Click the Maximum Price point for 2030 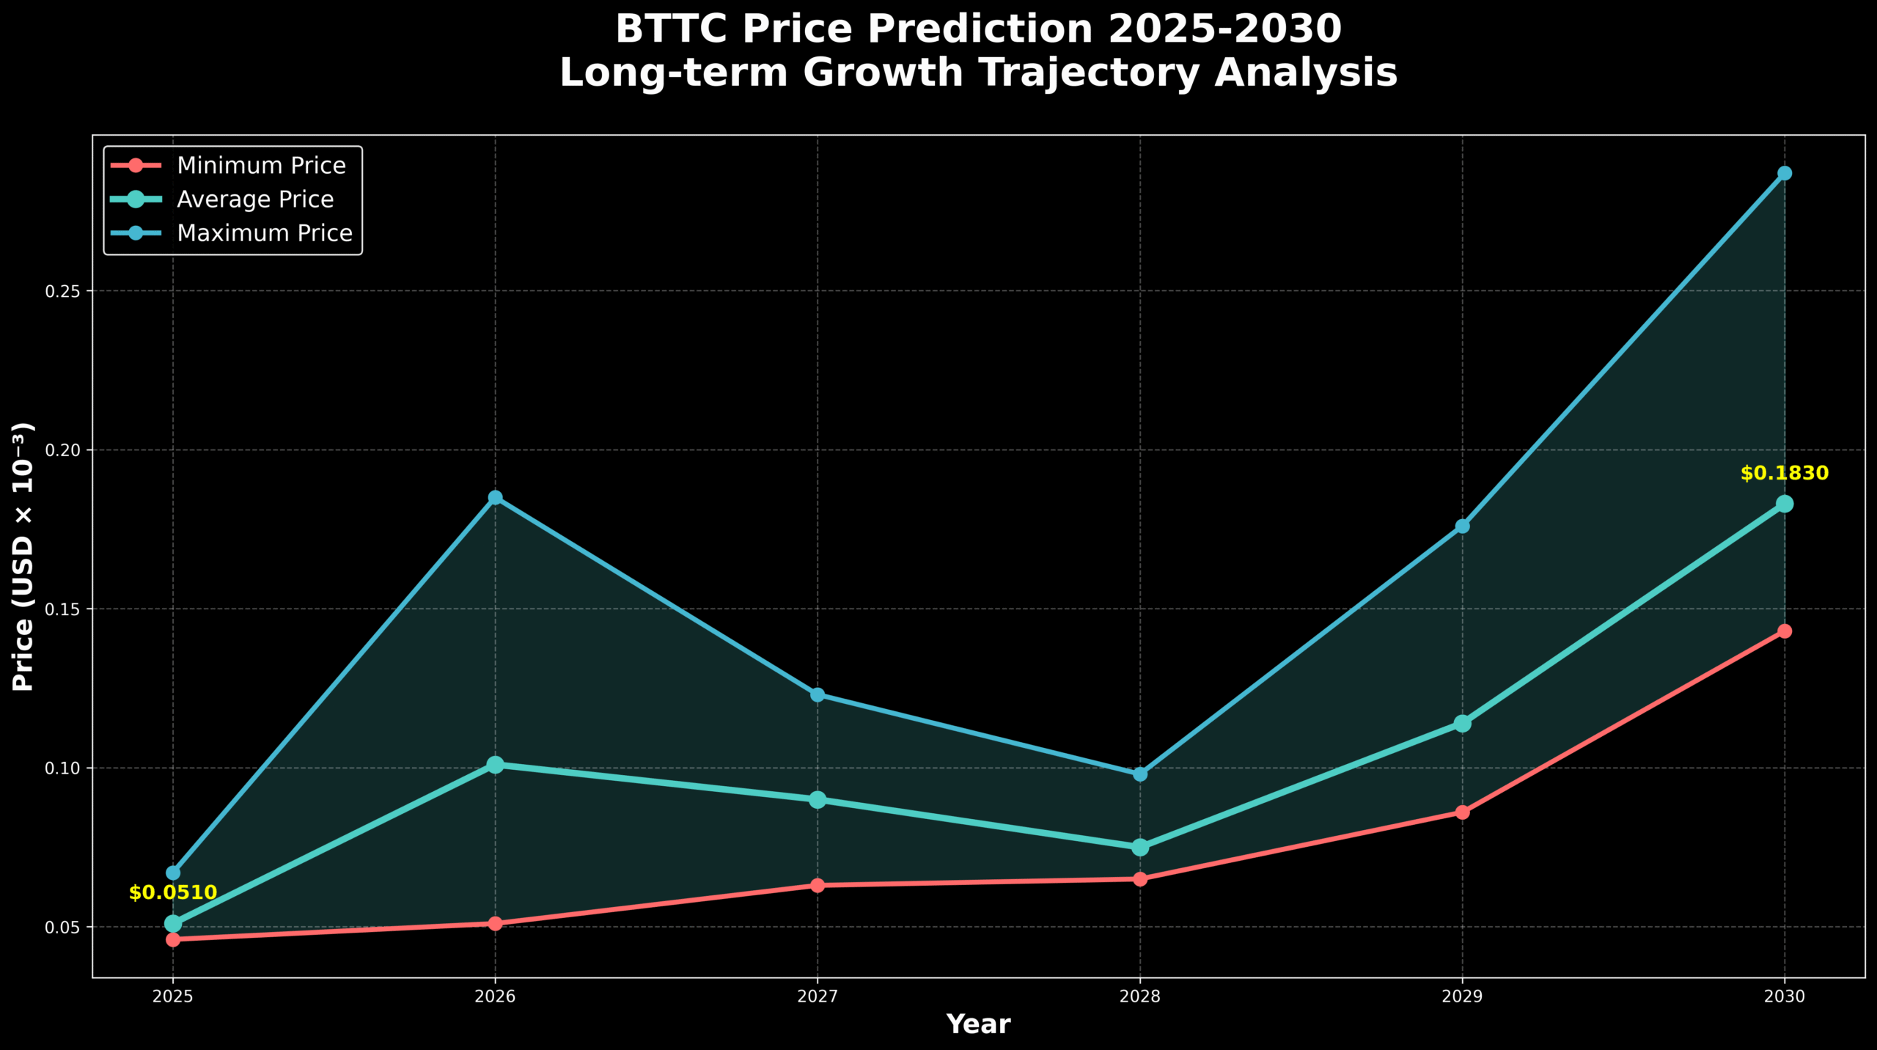pos(1785,173)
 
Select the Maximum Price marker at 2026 pos(496,498)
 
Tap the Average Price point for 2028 pos(1140,848)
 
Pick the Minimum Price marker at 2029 pos(1463,812)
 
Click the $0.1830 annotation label pos(1785,474)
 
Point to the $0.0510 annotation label pos(173,893)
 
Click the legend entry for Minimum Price pos(261,166)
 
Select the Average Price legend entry pos(255,199)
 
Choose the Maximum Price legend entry pos(265,233)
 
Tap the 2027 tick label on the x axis pos(818,997)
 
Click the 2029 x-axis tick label pos(1463,997)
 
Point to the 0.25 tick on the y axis pos(62,291)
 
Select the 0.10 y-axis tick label pos(62,768)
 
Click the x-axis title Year pos(978,1024)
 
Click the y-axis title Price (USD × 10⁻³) pos(24,557)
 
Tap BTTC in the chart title pos(672,30)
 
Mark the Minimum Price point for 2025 pos(173,939)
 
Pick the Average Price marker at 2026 pos(496,765)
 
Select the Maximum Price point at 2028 pos(1140,774)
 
